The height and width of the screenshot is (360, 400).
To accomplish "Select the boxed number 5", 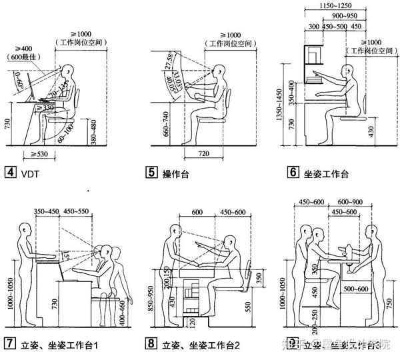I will (x=151, y=172).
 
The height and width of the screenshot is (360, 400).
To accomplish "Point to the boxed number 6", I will (x=293, y=172).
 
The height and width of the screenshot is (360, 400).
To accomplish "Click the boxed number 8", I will (x=151, y=344).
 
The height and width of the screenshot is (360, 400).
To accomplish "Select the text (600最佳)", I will (x=24, y=58).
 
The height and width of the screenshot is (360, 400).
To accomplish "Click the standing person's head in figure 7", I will (x=27, y=229).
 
